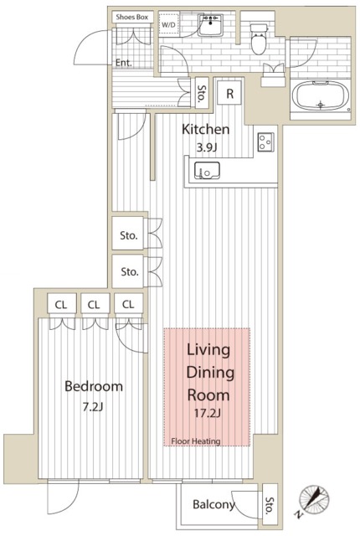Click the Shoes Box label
[x=131, y=17]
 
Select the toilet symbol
[x=259, y=39]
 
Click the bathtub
[x=320, y=96]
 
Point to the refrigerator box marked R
[x=229, y=93]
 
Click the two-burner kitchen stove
[x=265, y=142]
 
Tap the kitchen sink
[x=207, y=171]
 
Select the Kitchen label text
[x=205, y=129]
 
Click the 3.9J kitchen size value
[x=207, y=147]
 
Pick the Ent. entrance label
[x=124, y=63]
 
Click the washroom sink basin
[x=211, y=25]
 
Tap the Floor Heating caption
[x=196, y=441]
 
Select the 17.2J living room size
[x=208, y=414]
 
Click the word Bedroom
[x=94, y=386]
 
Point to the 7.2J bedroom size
[x=93, y=407]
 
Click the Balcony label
[x=213, y=504]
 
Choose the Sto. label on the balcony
[x=270, y=505]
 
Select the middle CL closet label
[x=94, y=305]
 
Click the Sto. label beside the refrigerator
[x=202, y=93]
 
